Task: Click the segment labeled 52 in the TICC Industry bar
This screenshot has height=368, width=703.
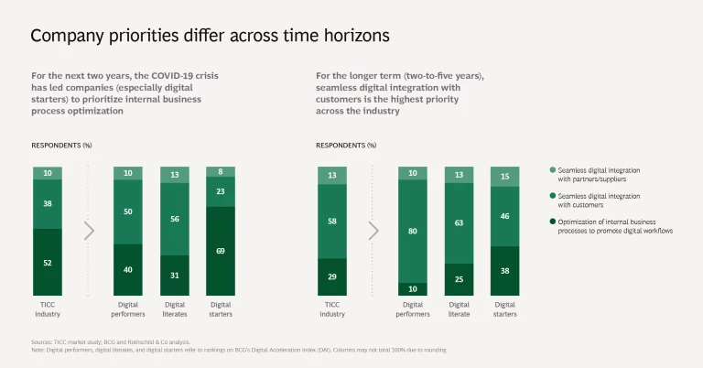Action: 48,262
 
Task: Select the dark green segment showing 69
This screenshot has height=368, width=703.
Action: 220,250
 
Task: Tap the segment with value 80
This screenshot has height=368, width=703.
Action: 414,231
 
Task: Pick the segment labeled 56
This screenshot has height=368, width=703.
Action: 174,219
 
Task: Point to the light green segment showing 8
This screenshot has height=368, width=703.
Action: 220,171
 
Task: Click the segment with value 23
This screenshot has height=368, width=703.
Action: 220,191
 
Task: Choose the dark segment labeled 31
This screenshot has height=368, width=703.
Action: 174,276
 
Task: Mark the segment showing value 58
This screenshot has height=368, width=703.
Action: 332,221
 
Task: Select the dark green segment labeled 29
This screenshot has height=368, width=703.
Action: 332,276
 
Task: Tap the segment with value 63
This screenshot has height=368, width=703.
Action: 460,222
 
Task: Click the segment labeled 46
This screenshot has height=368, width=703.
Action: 505,217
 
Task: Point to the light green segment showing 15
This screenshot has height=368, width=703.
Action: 505,177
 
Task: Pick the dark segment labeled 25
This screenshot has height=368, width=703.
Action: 460,279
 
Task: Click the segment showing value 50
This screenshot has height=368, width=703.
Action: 128,212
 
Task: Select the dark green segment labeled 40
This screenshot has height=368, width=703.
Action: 128,270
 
